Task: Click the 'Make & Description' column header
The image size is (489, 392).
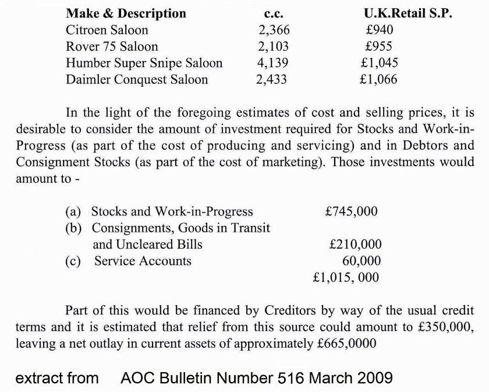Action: click(x=126, y=13)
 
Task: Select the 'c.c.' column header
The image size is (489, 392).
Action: click(x=273, y=13)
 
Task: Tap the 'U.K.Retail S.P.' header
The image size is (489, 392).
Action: click(x=407, y=13)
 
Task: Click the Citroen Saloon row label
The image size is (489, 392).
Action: click(x=107, y=30)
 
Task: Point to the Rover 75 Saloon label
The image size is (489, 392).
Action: click(x=112, y=46)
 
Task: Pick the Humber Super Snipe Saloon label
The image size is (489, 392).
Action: click(x=144, y=62)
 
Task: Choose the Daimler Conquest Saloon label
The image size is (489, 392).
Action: click(x=137, y=79)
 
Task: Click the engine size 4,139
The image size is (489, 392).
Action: click(x=273, y=62)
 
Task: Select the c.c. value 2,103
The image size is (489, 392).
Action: click(x=273, y=46)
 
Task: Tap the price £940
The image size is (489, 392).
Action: click(x=378, y=30)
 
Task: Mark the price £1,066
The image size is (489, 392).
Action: click(x=378, y=79)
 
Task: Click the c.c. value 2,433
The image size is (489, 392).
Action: click(x=272, y=79)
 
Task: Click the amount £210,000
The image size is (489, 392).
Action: click(x=355, y=245)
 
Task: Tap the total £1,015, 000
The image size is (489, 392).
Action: click(x=346, y=277)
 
